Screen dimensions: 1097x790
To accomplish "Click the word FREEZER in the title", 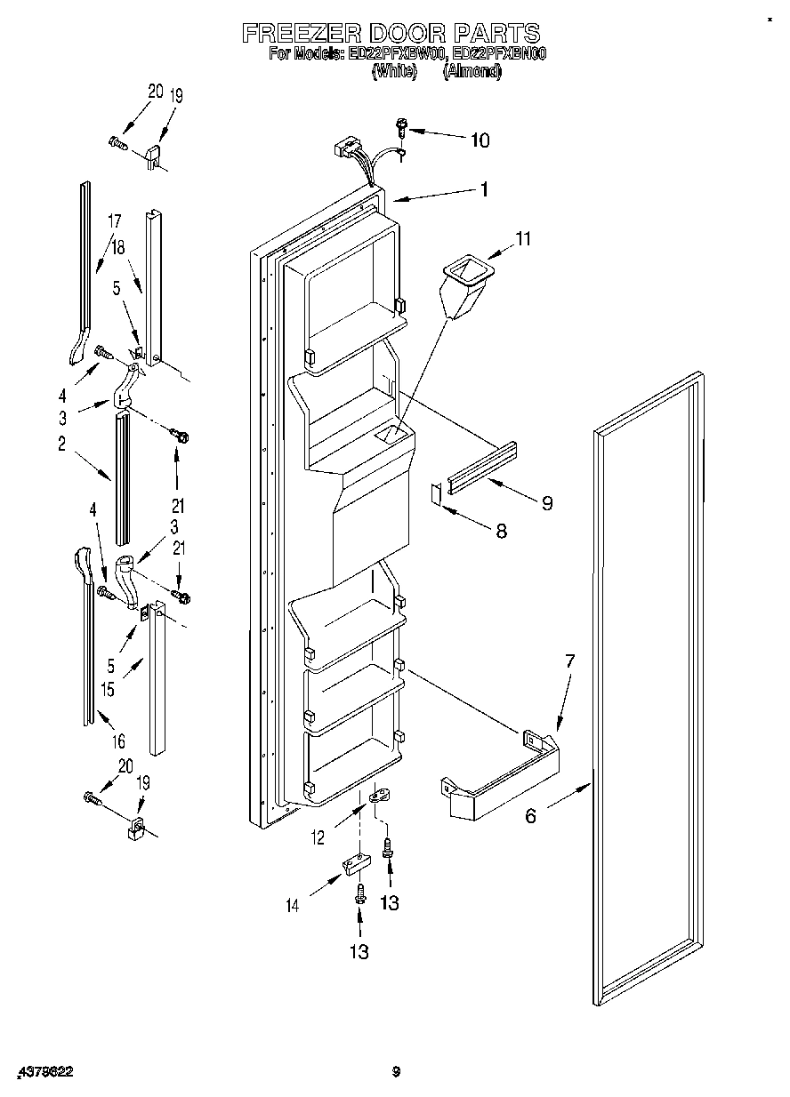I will [x=300, y=34].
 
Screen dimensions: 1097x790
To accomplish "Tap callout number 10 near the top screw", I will [x=479, y=140].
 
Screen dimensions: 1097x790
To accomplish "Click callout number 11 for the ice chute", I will [x=522, y=238].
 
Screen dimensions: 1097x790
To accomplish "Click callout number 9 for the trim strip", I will [x=546, y=503].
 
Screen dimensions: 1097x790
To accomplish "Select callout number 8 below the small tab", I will [x=501, y=531].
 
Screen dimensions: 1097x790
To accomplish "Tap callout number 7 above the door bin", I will [x=569, y=661].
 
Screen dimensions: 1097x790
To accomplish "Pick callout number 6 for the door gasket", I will [x=531, y=815].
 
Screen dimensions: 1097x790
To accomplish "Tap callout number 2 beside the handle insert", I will [x=62, y=446].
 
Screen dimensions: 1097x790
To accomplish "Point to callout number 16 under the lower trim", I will [x=118, y=741].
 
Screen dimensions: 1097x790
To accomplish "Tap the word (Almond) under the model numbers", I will [x=472, y=72].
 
